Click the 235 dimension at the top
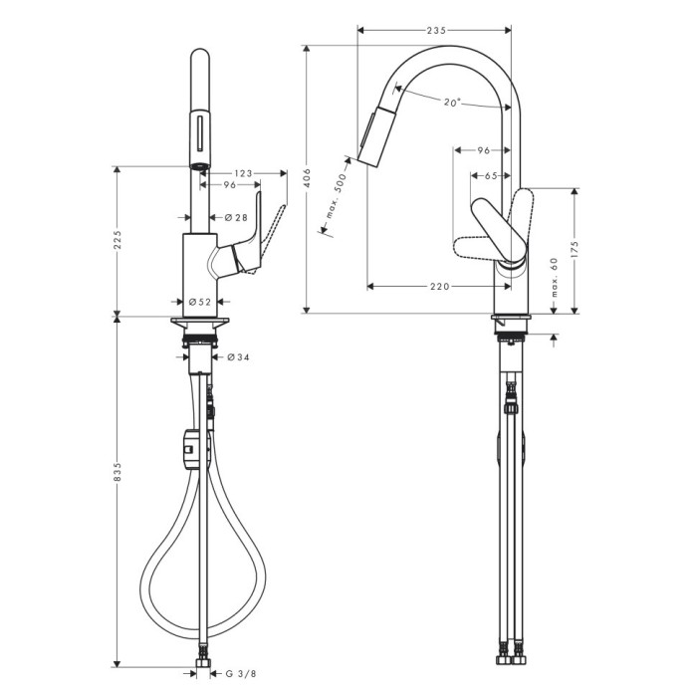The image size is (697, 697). pyautogui.click(x=435, y=31)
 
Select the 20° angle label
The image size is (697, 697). pyautogui.click(x=452, y=102)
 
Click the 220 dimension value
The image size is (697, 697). pyautogui.click(x=439, y=287)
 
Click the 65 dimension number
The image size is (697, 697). pyautogui.click(x=490, y=176)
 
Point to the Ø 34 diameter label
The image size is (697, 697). pyautogui.click(x=237, y=357)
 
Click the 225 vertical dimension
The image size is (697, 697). pyautogui.click(x=117, y=241)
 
